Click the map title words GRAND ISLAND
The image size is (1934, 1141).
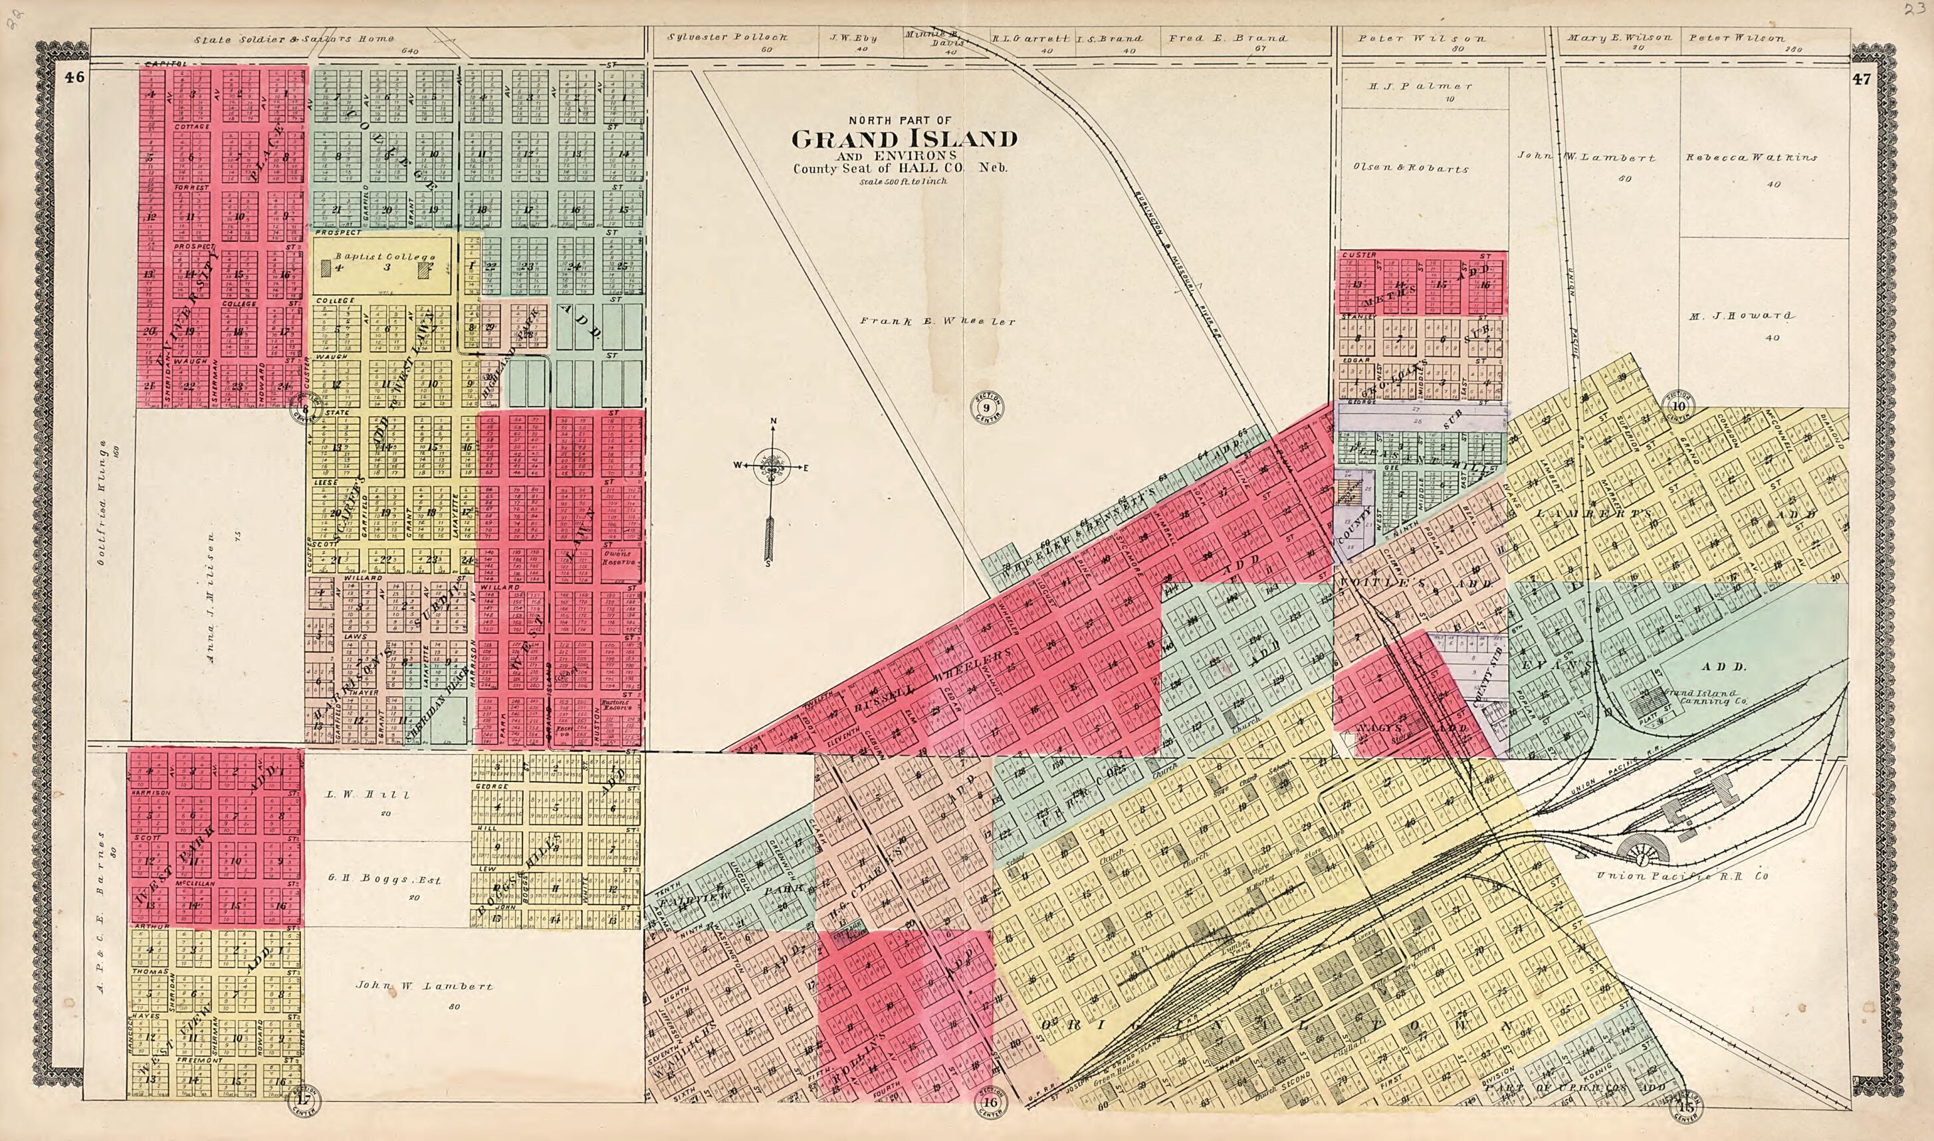(x=905, y=139)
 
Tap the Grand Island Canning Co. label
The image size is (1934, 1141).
(x=1701, y=696)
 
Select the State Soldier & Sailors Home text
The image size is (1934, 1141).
(x=294, y=39)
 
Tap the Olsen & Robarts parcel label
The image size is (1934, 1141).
(x=1410, y=168)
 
